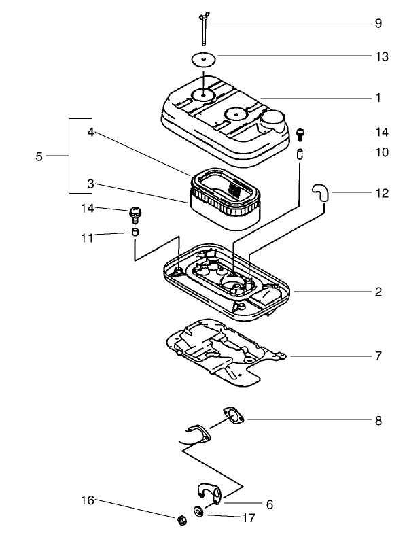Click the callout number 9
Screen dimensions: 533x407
tap(378, 24)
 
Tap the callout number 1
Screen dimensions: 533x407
tap(378, 98)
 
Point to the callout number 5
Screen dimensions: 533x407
tap(39, 157)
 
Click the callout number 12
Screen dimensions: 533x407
tap(381, 193)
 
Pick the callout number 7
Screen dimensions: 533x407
tap(378, 356)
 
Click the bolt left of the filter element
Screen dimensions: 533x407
tap(135, 213)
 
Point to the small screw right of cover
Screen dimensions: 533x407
tap(300, 133)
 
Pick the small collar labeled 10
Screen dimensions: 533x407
tap(300, 153)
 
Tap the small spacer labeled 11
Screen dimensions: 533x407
tap(135, 234)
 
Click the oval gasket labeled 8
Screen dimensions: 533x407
tap(234, 416)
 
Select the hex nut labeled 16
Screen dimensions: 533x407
tap(181, 521)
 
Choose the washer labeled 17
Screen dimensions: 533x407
tap(197, 512)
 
